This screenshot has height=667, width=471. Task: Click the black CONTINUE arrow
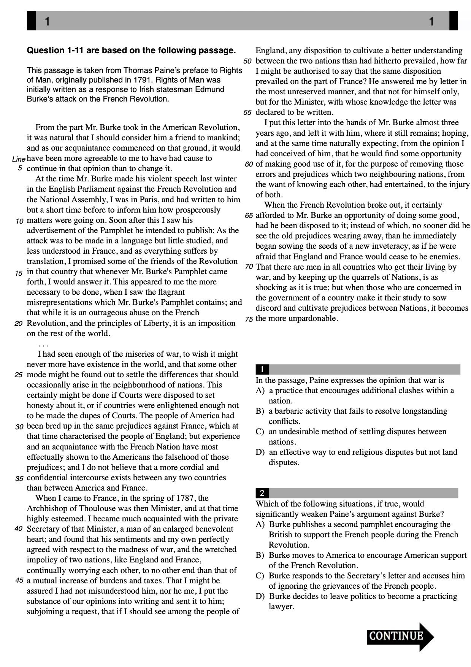pos(400,637)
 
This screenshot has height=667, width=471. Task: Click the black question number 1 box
pos(262,369)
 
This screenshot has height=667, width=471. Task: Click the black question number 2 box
pos(262,493)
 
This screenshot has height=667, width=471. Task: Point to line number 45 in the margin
pos(19,581)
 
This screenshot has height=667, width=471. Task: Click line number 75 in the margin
pos(249,319)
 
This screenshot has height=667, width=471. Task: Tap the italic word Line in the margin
pos(19,159)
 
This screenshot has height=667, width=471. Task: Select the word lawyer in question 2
pos(281,607)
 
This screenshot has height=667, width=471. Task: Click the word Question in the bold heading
pos(46,51)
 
